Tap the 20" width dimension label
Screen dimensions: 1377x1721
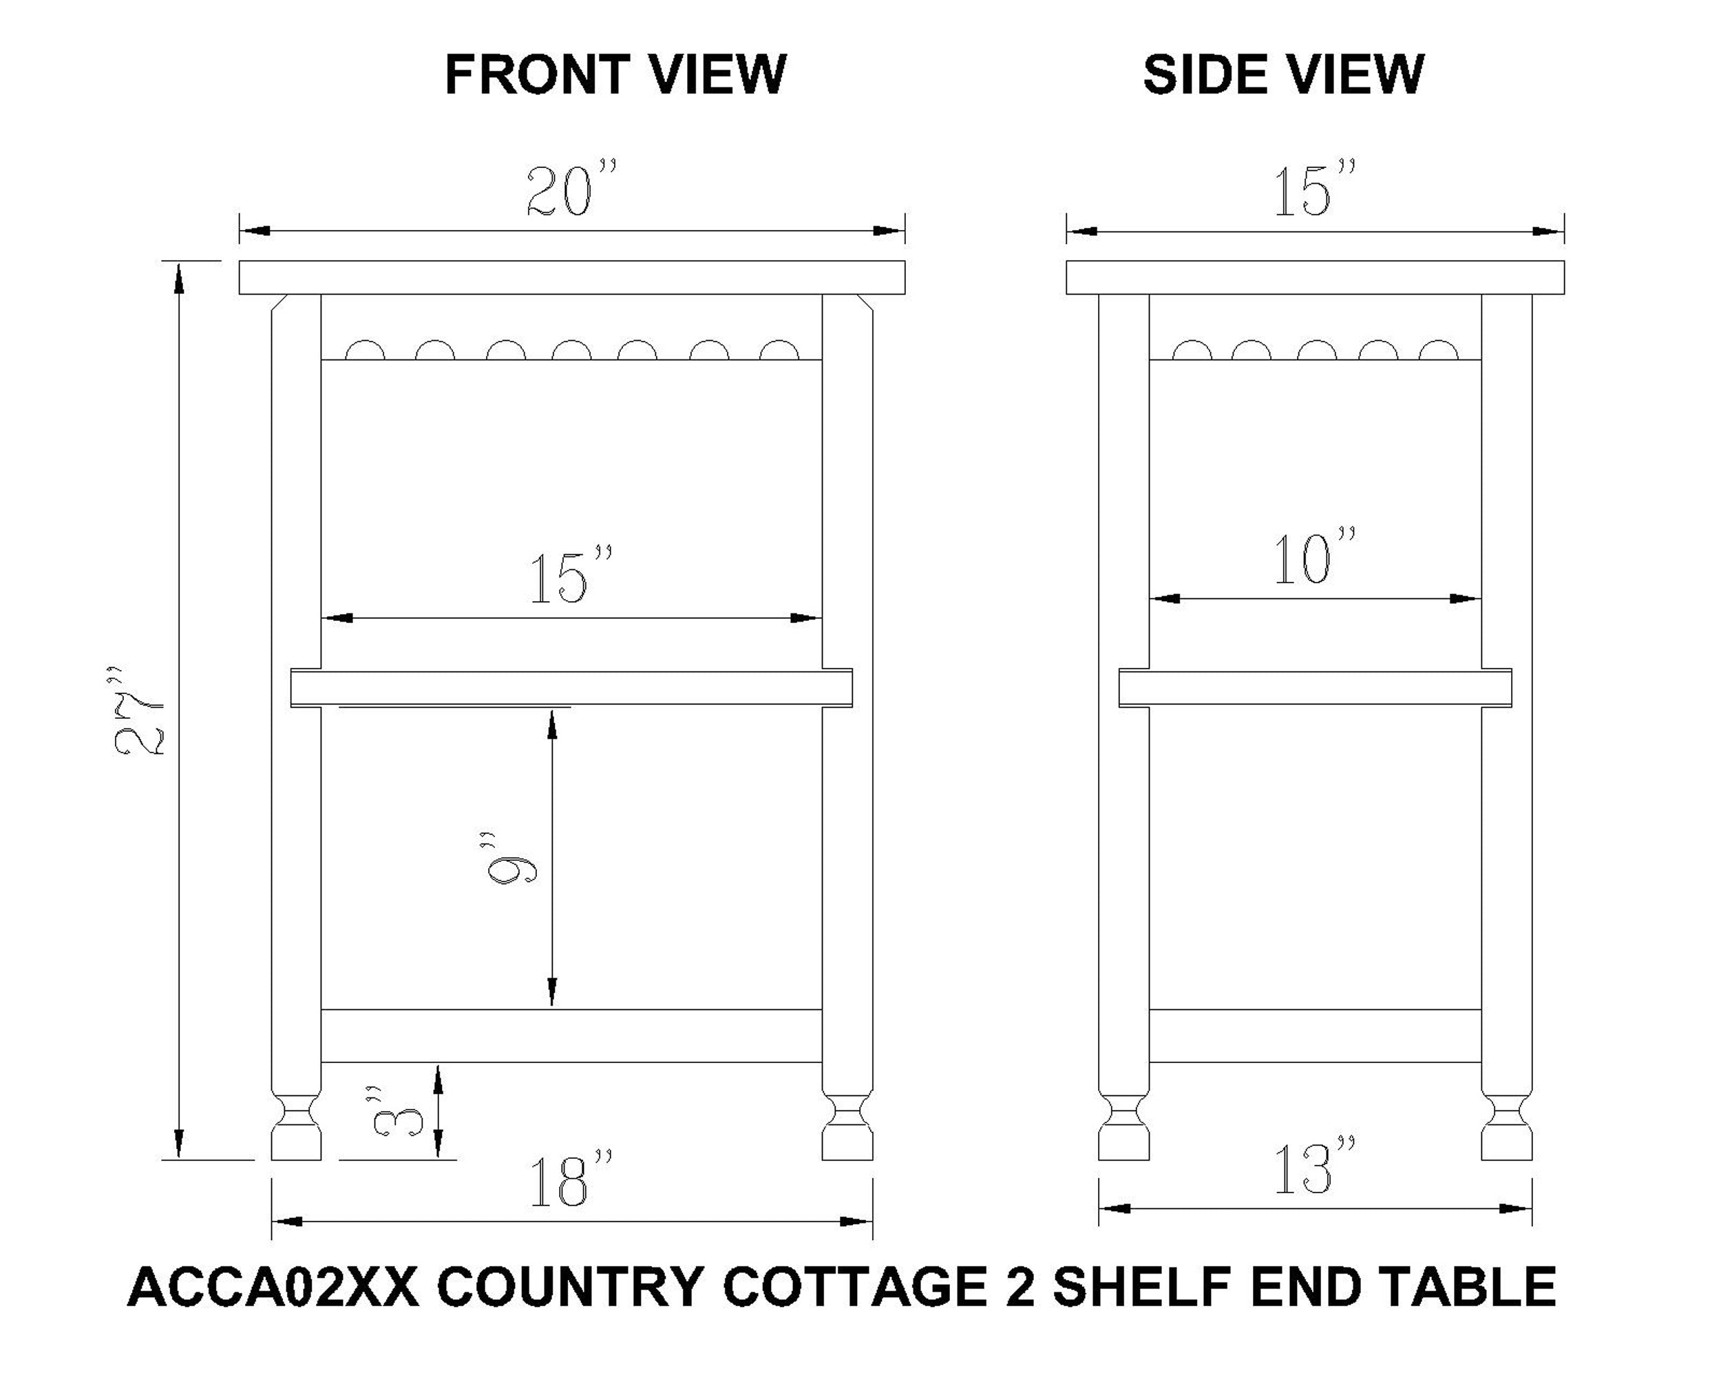point(571,190)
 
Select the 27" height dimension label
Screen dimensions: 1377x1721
point(139,711)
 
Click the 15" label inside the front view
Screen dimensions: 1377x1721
point(571,576)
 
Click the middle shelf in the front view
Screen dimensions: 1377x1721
point(571,688)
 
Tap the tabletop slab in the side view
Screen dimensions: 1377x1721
point(1315,277)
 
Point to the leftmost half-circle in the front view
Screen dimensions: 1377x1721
point(365,351)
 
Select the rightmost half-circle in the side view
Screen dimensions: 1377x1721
point(1439,351)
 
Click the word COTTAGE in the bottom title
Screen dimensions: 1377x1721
point(854,1287)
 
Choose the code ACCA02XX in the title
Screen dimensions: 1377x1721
point(273,1287)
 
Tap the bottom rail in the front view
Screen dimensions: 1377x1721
point(571,1036)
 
